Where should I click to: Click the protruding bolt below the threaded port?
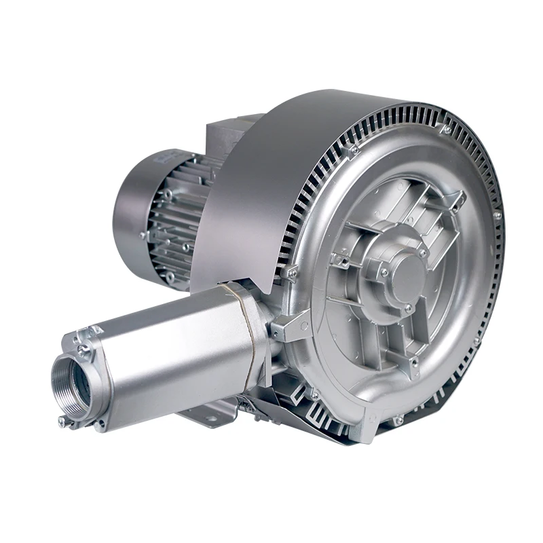pos(63,422)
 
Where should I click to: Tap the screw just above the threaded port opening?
pos(83,350)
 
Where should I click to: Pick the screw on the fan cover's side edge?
pos(143,235)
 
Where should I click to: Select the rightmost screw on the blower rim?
pos(497,216)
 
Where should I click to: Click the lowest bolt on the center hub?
pos(408,310)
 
